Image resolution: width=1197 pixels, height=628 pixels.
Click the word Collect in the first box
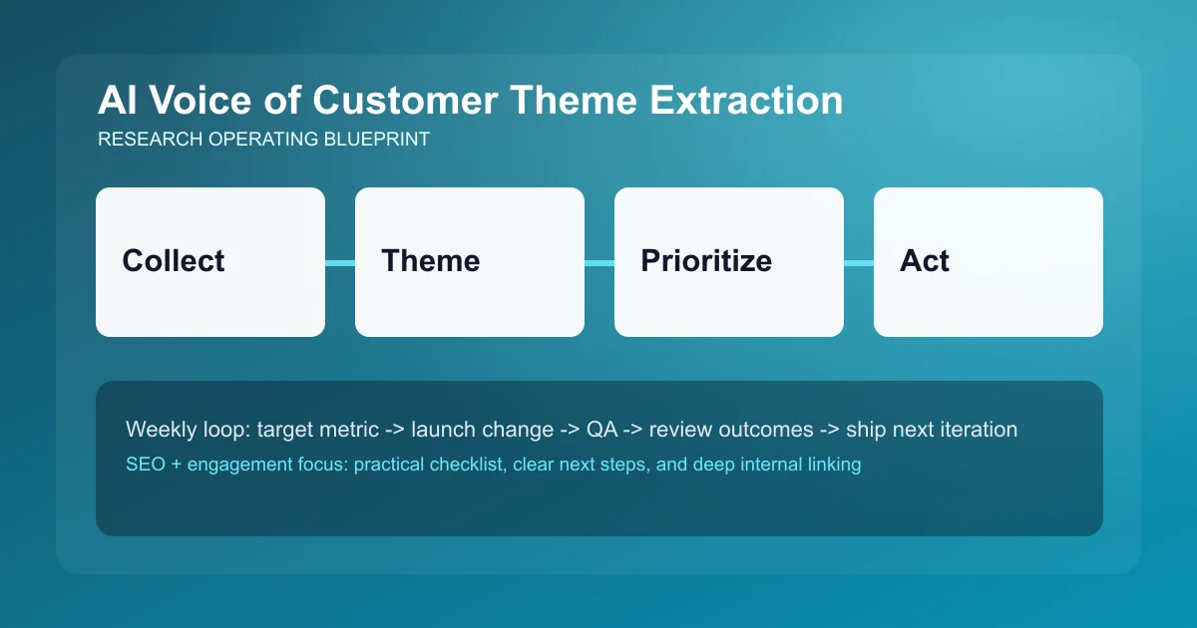pos(174,261)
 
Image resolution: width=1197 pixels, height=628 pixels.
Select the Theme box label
pos(430,261)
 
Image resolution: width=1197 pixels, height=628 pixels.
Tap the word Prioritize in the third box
pos(706,261)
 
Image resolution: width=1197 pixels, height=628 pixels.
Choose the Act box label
pos(925,261)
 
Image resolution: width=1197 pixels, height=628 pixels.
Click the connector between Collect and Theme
pos(340,262)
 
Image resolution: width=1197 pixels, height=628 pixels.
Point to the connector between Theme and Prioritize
pos(599,262)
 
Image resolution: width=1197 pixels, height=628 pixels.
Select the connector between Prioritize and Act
pos(859,262)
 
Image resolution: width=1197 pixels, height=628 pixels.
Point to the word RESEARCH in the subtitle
pos(151,140)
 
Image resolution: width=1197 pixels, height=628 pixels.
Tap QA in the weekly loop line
pos(602,430)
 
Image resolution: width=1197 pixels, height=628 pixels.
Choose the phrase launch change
pos(482,430)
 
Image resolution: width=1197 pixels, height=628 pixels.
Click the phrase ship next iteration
pos(932,430)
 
